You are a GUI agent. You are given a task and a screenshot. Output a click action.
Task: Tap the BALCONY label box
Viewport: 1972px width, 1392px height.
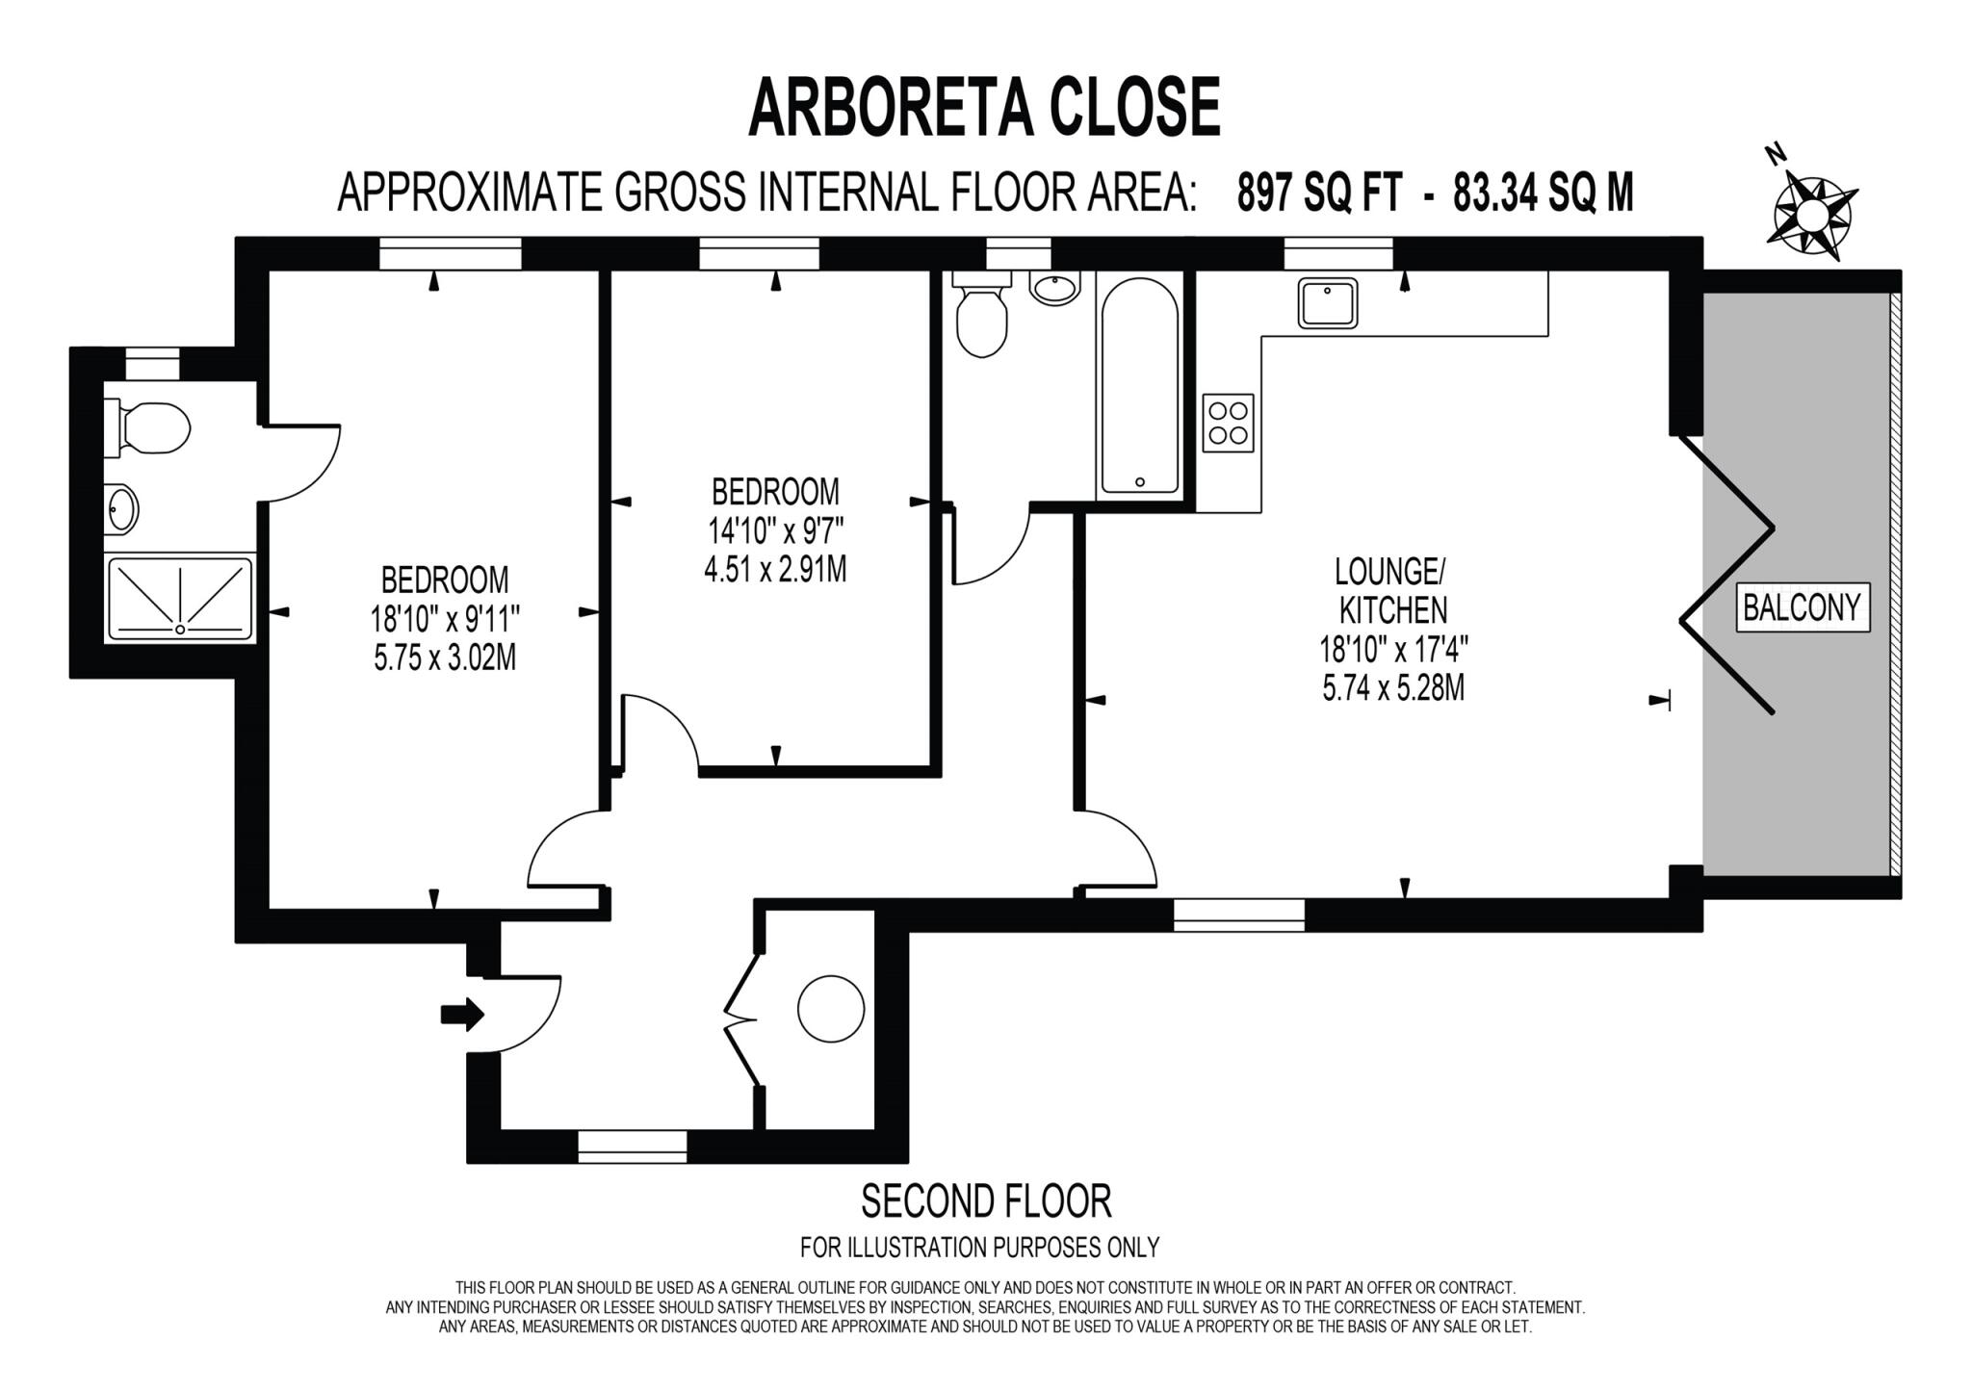coord(1803,607)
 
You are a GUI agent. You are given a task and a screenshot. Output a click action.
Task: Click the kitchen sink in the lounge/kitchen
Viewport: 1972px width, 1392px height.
coord(1327,302)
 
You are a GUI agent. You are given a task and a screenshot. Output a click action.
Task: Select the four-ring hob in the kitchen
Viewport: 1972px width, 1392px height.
coord(1229,423)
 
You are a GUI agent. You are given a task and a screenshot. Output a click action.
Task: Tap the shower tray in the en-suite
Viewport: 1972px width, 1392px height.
coord(179,598)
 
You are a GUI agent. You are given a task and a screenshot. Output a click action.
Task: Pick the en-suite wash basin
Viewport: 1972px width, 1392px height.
coord(123,506)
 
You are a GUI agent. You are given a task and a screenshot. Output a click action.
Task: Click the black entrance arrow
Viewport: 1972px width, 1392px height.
coord(462,1014)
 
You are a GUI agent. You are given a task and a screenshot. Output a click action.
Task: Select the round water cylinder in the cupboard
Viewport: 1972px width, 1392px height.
coord(831,1009)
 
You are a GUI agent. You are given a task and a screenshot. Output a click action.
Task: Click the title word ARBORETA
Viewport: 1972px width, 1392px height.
coord(889,108)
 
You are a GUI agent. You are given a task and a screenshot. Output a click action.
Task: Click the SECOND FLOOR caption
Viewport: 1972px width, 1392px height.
coord(985,1200)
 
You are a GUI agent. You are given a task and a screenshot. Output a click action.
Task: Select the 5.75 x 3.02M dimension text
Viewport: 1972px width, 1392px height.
coord(445,657)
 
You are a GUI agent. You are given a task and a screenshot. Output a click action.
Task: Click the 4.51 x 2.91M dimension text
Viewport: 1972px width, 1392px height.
coord(775,569)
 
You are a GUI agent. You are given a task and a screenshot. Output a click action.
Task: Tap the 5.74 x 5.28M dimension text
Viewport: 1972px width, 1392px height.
coord(1393,688)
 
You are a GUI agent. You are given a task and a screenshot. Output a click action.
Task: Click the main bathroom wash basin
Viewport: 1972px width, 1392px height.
coord(1055,288)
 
